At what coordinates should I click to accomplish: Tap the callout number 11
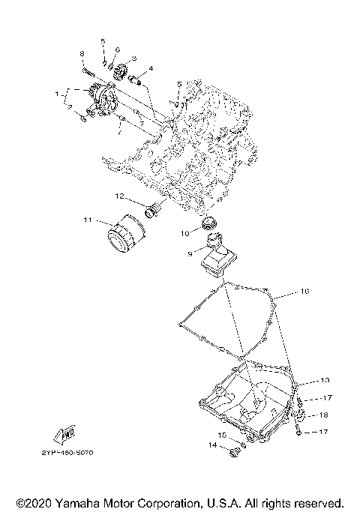coord(87,220)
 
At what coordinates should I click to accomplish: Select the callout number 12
coord(119,197)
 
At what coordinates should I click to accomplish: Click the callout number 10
coord(184,233)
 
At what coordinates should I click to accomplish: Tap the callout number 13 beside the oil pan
coord(325,381)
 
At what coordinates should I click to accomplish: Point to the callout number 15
coord(223,435)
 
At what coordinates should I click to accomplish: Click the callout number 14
coord(212,445)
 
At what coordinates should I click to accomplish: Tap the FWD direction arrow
coord(65,433)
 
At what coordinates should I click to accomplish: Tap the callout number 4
coord(151,68)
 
